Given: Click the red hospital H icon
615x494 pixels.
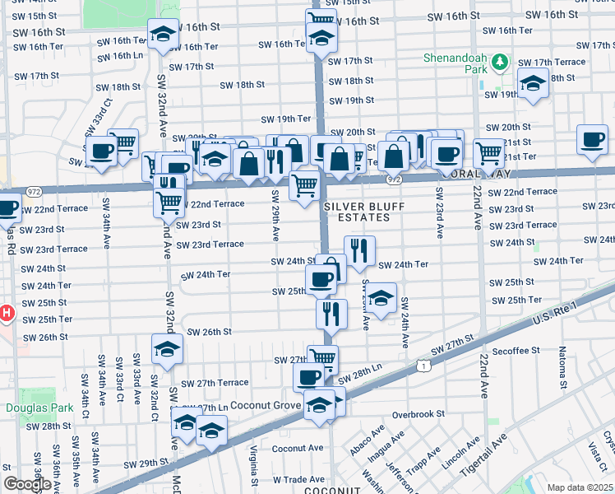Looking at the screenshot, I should [x=6, y=314].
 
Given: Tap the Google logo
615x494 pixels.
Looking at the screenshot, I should [x=27, y=483].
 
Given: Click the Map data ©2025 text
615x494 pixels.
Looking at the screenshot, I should [x=579, y=487].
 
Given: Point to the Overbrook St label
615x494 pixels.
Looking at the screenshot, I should [x=418, y=414].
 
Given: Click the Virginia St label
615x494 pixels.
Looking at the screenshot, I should [x=254, y=466].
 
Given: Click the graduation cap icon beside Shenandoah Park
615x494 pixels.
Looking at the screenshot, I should [x=533, y=83].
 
